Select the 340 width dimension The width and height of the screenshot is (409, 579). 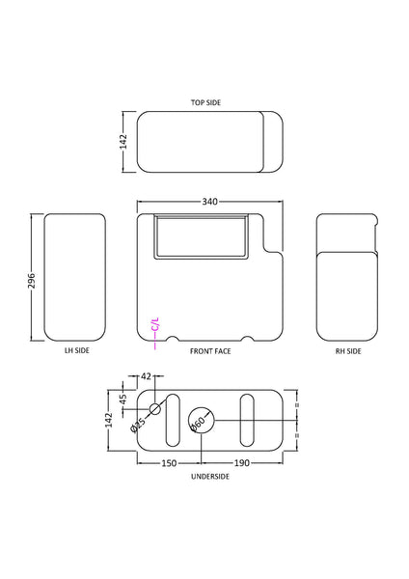[x=209, y=202]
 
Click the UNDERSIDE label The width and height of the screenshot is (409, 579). [x=208, y=476]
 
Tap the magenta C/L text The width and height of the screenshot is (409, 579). [x=155, y=326]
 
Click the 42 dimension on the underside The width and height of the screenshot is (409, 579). [x=147, y=376]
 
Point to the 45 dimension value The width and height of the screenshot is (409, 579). [x=123, y=399]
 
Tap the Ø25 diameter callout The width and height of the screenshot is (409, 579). [x=139, y=424]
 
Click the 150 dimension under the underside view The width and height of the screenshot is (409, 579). [x=168, y=463]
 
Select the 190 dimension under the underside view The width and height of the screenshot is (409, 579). [x=242, y=463]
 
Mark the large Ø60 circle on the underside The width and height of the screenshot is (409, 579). [x=201, y=420]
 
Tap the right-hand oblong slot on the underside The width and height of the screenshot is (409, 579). [x=247, y=420]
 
